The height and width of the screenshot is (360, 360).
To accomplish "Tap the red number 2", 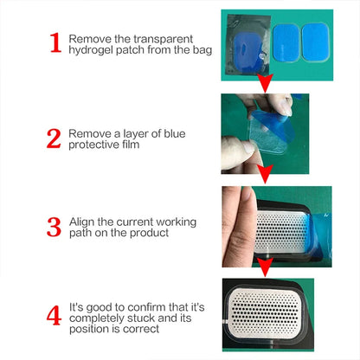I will coord(54,139).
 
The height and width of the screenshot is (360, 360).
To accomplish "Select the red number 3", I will coord(54,228).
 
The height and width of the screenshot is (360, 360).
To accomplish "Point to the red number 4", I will coord(54,314).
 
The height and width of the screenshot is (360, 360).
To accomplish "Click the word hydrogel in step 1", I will coord(91,51).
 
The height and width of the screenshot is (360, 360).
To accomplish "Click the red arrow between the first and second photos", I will coord(265,83).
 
